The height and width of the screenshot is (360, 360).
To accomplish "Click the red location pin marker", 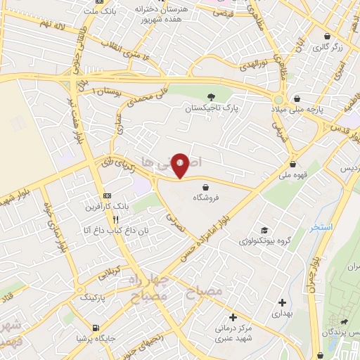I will (180, 166).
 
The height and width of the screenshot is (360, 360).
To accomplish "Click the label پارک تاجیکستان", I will (212, 110).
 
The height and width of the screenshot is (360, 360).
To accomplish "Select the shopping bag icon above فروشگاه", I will (205, 186).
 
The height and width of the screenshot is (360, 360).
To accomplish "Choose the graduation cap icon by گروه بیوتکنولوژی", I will (264, 231).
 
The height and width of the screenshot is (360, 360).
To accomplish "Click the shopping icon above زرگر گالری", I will (327, 35).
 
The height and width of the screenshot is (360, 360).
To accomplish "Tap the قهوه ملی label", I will (295, 174).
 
